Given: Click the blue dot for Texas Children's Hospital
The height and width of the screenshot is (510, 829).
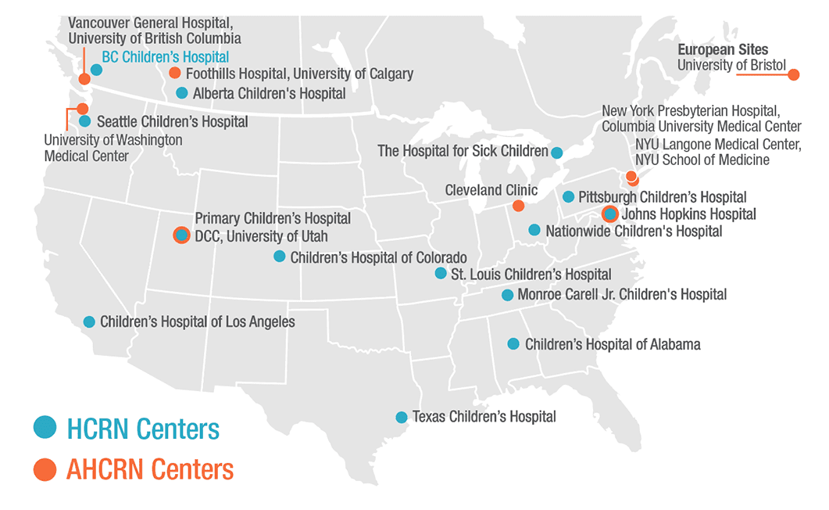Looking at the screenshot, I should (401, 418).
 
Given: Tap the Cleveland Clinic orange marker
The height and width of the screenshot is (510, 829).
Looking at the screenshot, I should (518, 206).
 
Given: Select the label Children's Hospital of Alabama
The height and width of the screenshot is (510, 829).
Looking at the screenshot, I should (613, 344).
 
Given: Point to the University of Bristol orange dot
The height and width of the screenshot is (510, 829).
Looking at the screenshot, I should (794, 75).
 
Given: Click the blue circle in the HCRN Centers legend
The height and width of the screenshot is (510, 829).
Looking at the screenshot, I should (45, 428).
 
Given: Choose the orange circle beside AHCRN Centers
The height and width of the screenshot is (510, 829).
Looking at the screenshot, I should (45, 469).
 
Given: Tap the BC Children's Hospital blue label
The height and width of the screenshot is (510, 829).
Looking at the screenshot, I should (165, 57).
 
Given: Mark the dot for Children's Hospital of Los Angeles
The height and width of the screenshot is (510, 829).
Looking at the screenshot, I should (89, 321).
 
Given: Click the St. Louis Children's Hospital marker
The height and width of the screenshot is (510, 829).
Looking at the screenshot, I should (441, 273).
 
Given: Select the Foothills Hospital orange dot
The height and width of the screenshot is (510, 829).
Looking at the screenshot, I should (175, 73).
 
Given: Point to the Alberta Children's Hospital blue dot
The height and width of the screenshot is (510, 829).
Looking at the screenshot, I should (182, 93).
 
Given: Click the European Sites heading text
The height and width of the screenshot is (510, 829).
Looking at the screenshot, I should (723, 50).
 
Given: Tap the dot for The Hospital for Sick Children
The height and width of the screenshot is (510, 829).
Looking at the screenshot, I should (557, 153).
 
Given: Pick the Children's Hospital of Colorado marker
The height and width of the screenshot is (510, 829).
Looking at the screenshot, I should (279, 257).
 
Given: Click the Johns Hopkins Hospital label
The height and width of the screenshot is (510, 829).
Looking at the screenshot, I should (689, 214).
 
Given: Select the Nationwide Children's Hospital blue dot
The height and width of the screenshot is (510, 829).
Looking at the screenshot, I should (534, 230).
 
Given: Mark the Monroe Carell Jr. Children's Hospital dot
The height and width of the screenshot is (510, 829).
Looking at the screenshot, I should (507, 295).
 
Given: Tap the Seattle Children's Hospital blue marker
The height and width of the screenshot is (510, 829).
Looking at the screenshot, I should (85, 121).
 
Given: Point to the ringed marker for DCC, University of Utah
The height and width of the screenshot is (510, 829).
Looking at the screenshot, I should (181, 235).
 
